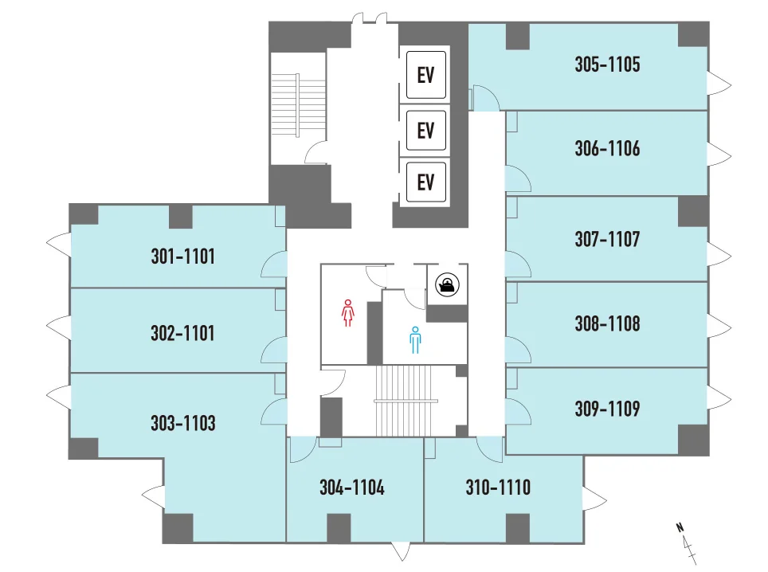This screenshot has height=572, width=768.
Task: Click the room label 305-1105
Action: [607, 65]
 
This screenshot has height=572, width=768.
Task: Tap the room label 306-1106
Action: [607, 148]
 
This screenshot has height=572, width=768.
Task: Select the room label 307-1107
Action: [607, 240]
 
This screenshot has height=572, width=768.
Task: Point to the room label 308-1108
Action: [607, 323]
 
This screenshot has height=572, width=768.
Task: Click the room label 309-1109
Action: [607, 409]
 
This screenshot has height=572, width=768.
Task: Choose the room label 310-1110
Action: [498, 488]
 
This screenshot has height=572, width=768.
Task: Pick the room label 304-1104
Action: [352, 488]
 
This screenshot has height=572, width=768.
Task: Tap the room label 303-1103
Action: [183, 423]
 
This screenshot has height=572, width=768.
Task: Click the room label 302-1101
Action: [182, 334]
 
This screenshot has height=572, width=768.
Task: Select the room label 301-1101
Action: [182, 257]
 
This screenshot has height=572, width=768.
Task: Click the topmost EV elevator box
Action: [426, 75]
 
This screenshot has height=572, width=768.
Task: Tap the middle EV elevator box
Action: [426, 131]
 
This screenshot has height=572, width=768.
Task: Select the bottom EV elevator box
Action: [426, 182]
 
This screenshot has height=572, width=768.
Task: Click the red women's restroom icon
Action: [348, 313]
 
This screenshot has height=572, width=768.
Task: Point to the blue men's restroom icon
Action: [415, 340]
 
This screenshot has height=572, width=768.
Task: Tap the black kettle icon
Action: [447, 284]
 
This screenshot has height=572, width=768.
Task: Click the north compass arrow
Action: [687, 543]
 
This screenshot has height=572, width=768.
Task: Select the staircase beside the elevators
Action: [298, 105]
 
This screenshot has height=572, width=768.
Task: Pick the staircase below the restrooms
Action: [406, 401]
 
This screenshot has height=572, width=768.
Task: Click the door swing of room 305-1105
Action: [486, 98]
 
